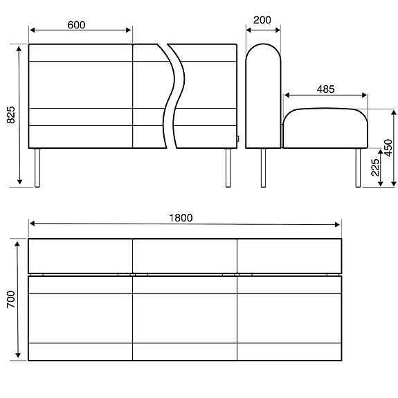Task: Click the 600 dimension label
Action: [x=76, y=25]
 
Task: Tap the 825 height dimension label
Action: [x=11, y=115]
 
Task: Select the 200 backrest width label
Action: [x=262, y=20]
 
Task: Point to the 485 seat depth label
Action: [x=325, y=89]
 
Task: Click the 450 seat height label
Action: [x=388, y=147]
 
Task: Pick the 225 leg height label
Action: [x=375, y=168]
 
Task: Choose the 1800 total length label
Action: [x=181, y=218]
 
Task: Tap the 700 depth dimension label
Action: [x=11, y=300]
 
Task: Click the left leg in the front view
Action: [x=37, y=168]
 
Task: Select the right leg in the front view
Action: [x=228, y=168]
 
